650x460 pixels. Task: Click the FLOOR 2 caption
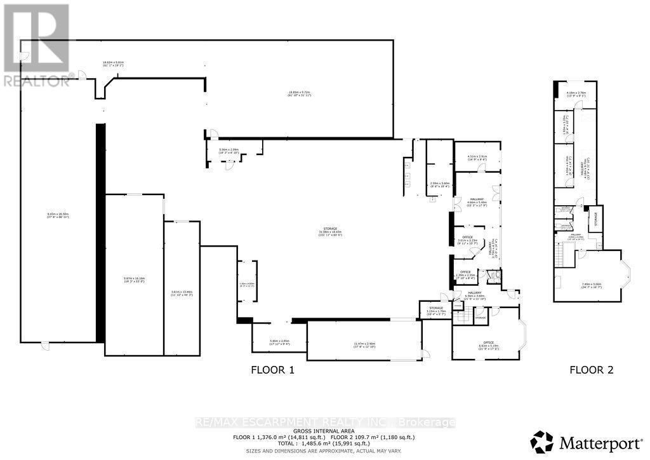[591, 369]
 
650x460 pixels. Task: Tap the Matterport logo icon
[541, 440]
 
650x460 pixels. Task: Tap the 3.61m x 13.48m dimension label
[182, 293]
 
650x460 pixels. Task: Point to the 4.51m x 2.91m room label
[477, 158]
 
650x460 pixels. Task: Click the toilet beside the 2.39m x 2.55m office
[496, 276]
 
